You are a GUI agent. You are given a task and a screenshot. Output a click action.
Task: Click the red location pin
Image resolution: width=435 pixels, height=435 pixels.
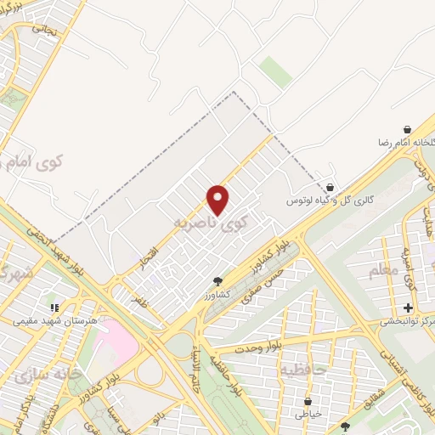218,199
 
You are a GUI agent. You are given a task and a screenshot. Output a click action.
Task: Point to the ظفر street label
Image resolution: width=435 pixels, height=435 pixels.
140,299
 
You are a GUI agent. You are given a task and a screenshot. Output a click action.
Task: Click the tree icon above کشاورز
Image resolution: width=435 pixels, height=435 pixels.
218,280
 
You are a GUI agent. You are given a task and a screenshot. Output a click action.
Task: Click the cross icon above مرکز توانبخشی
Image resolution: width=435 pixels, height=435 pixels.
408,307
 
